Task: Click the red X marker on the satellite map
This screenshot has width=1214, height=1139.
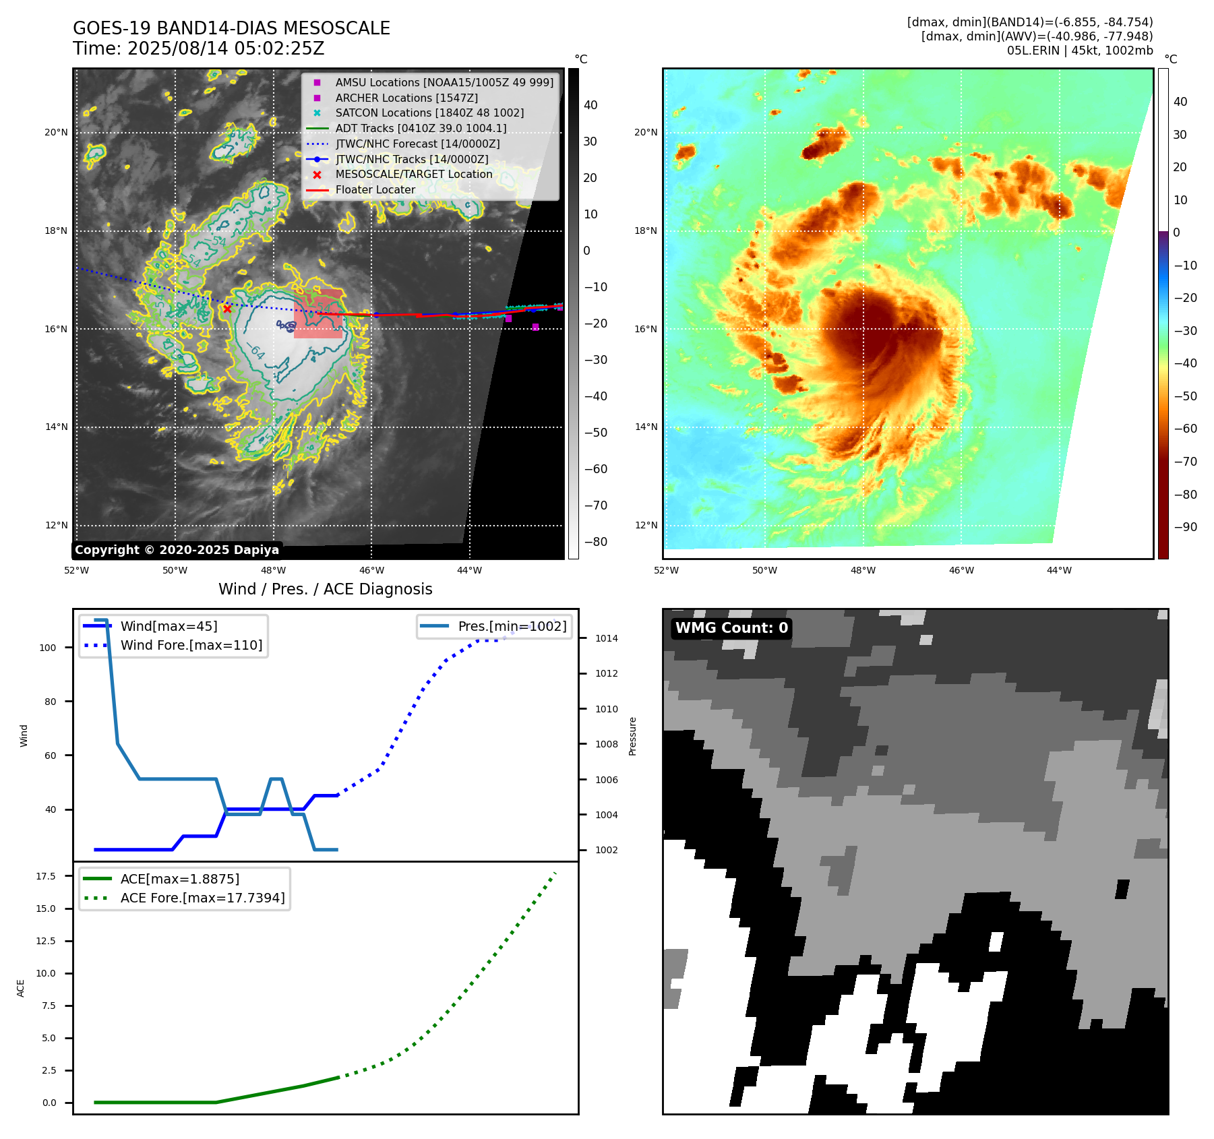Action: click(x=227, y=309)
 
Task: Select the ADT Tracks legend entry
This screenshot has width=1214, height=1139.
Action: click(x=421, y=128)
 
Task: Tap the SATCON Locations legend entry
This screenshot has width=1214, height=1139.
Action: click(x=429, y=113)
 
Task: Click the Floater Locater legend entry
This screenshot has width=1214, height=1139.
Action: click(x=375, y=189)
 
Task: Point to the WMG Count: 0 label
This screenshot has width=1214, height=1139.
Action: click(x=731, y=628)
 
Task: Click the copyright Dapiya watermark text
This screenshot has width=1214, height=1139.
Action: click(x=177, y=550)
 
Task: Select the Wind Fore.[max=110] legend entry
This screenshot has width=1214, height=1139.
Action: click(x=191, y=645)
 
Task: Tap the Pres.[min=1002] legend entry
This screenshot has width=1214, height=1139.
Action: click(x=512, y=626)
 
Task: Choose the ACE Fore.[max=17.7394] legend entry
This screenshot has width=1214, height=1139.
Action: click(x=202, y=898)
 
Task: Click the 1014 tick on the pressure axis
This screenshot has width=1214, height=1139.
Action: click(x=606, y=638)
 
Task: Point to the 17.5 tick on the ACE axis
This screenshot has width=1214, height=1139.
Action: click(x=46, y=876)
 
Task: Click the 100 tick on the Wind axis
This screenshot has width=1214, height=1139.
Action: click(x=48, y=648)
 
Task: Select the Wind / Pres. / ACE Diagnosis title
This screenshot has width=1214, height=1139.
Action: click(x=325, y=589)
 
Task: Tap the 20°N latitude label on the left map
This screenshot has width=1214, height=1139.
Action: click(x=56, y=132)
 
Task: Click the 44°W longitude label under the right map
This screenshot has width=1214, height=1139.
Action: click(x=1059, y=570)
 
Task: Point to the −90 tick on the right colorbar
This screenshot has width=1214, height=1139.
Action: click(x=1185, y=527)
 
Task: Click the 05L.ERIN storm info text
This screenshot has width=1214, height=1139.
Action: click(x=1080, y=51)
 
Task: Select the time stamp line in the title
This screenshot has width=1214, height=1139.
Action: click(x=198, y=49)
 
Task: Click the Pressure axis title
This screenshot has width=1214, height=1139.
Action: click(x=632, y=736)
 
